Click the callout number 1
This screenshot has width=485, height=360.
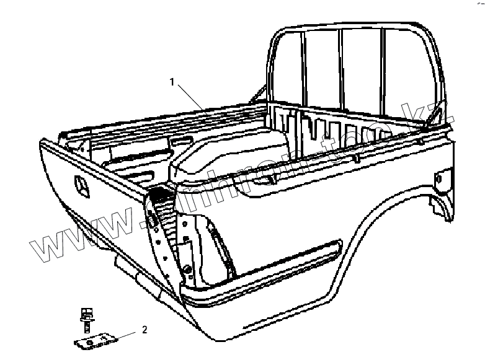174,81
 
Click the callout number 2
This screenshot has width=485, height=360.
145,330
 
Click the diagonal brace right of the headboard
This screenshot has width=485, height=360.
437,115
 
